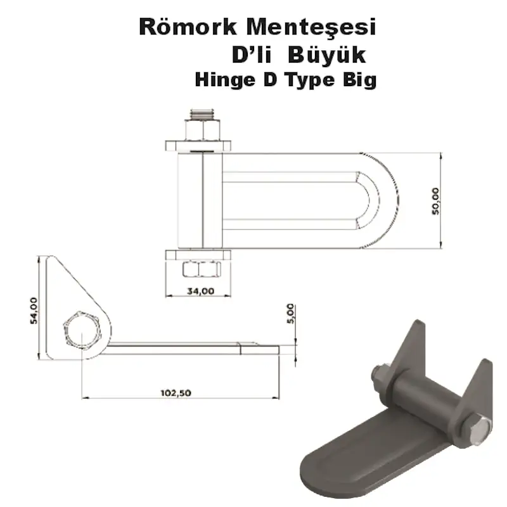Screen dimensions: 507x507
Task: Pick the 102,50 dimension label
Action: (x=176, y=392)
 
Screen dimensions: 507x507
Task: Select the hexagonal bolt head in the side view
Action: (x=82, y=330)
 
